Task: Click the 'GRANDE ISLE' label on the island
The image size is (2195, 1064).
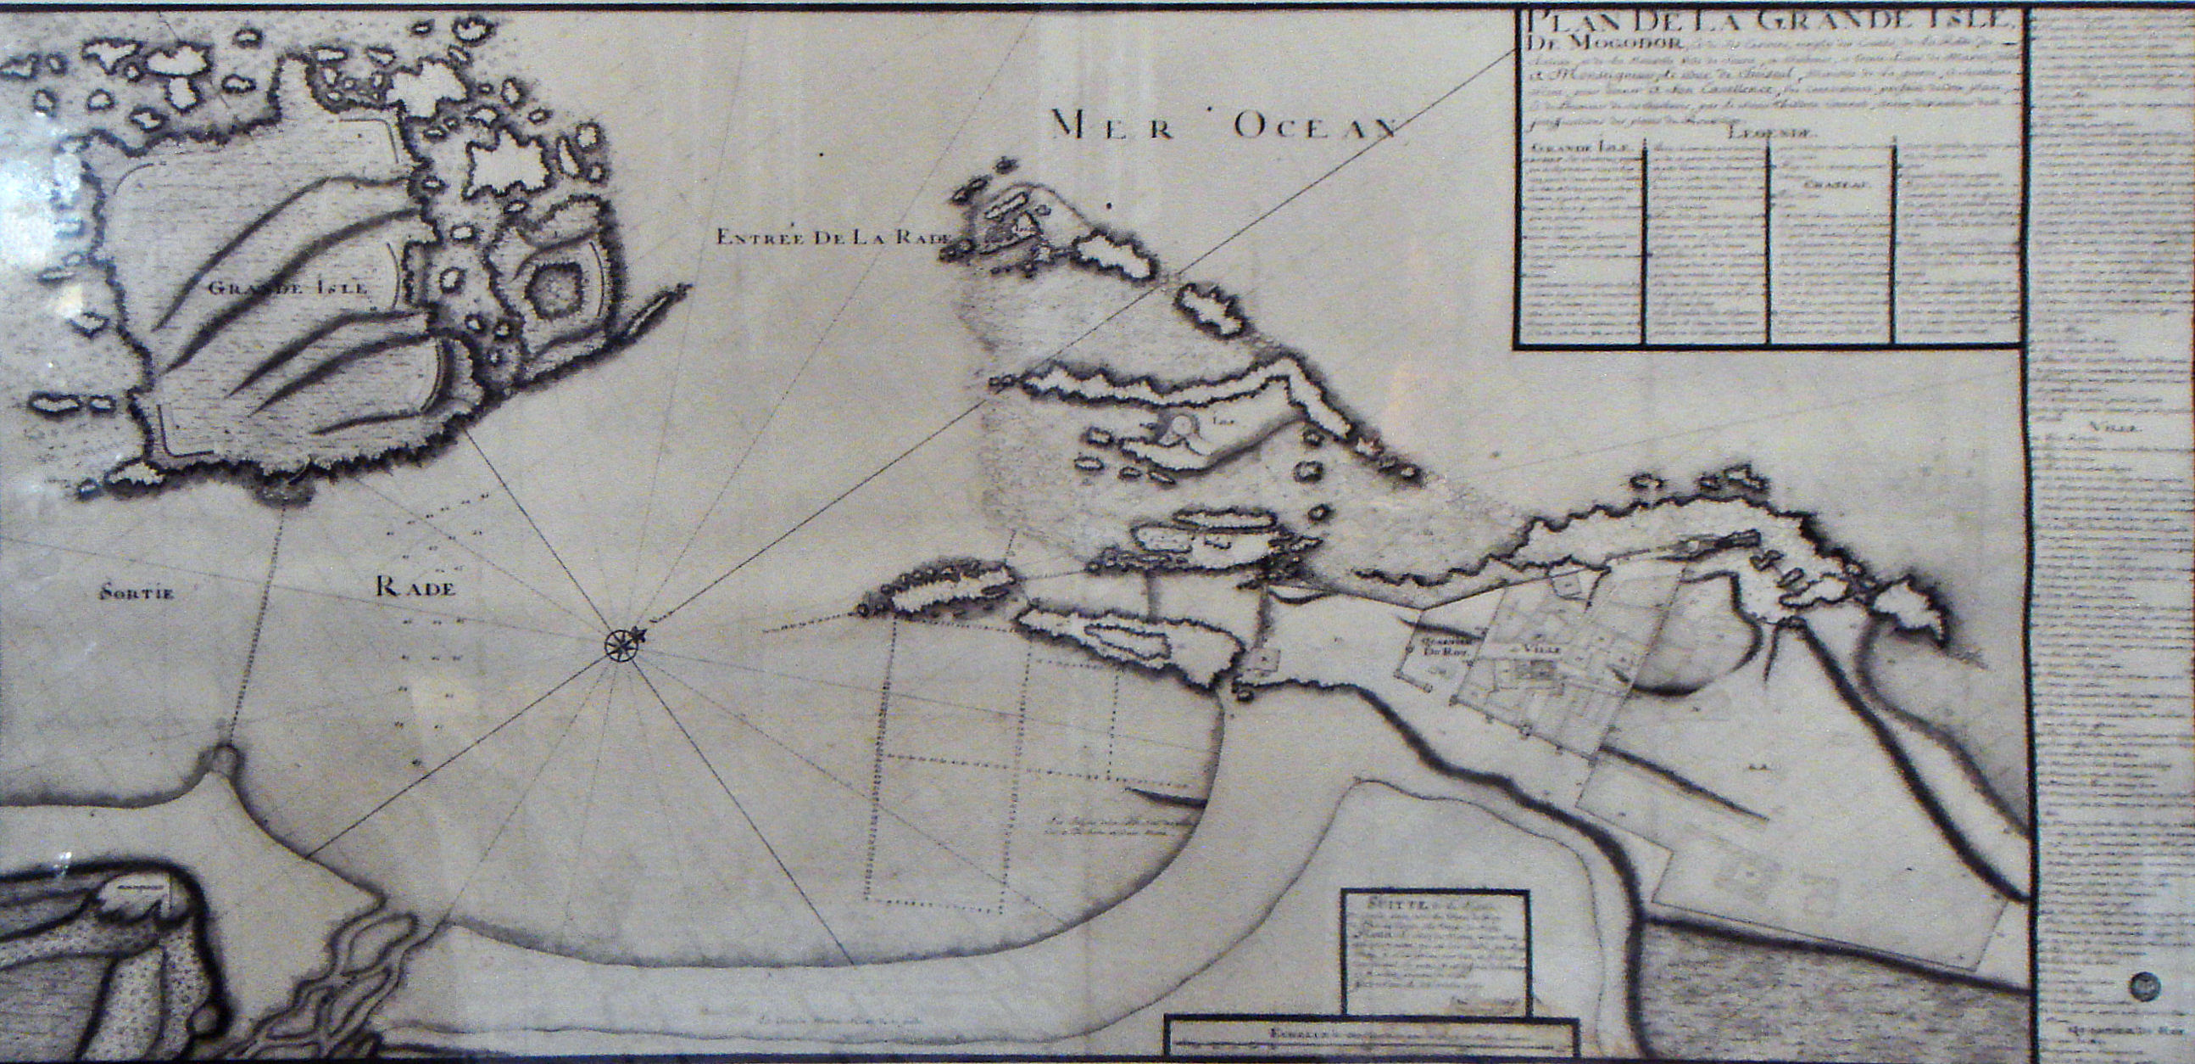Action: [289, 288]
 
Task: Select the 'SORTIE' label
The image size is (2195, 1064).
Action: [136, 593]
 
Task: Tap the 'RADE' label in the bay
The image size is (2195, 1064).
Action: [415, 586]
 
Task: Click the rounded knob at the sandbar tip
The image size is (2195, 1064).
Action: [222, 757]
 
